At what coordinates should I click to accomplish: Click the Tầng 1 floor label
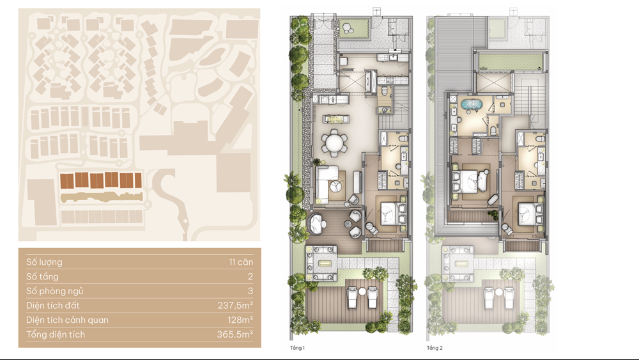297,348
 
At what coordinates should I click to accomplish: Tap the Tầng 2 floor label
435,348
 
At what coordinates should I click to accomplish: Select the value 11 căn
241,262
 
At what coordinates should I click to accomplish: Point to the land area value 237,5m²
235,306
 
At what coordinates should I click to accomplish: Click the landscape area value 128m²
240,320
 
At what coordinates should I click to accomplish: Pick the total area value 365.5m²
235,334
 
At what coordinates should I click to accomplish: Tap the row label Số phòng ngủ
54,291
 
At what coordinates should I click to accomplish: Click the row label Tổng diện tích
56,334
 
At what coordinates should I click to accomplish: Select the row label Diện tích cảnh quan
67,320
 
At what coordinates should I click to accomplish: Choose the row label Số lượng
45,262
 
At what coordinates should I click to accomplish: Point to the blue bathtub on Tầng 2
472,104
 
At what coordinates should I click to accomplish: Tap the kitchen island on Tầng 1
336,119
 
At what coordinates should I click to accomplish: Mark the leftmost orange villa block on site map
67,180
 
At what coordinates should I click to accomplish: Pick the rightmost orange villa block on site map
138,180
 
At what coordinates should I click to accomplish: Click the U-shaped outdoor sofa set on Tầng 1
321,263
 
